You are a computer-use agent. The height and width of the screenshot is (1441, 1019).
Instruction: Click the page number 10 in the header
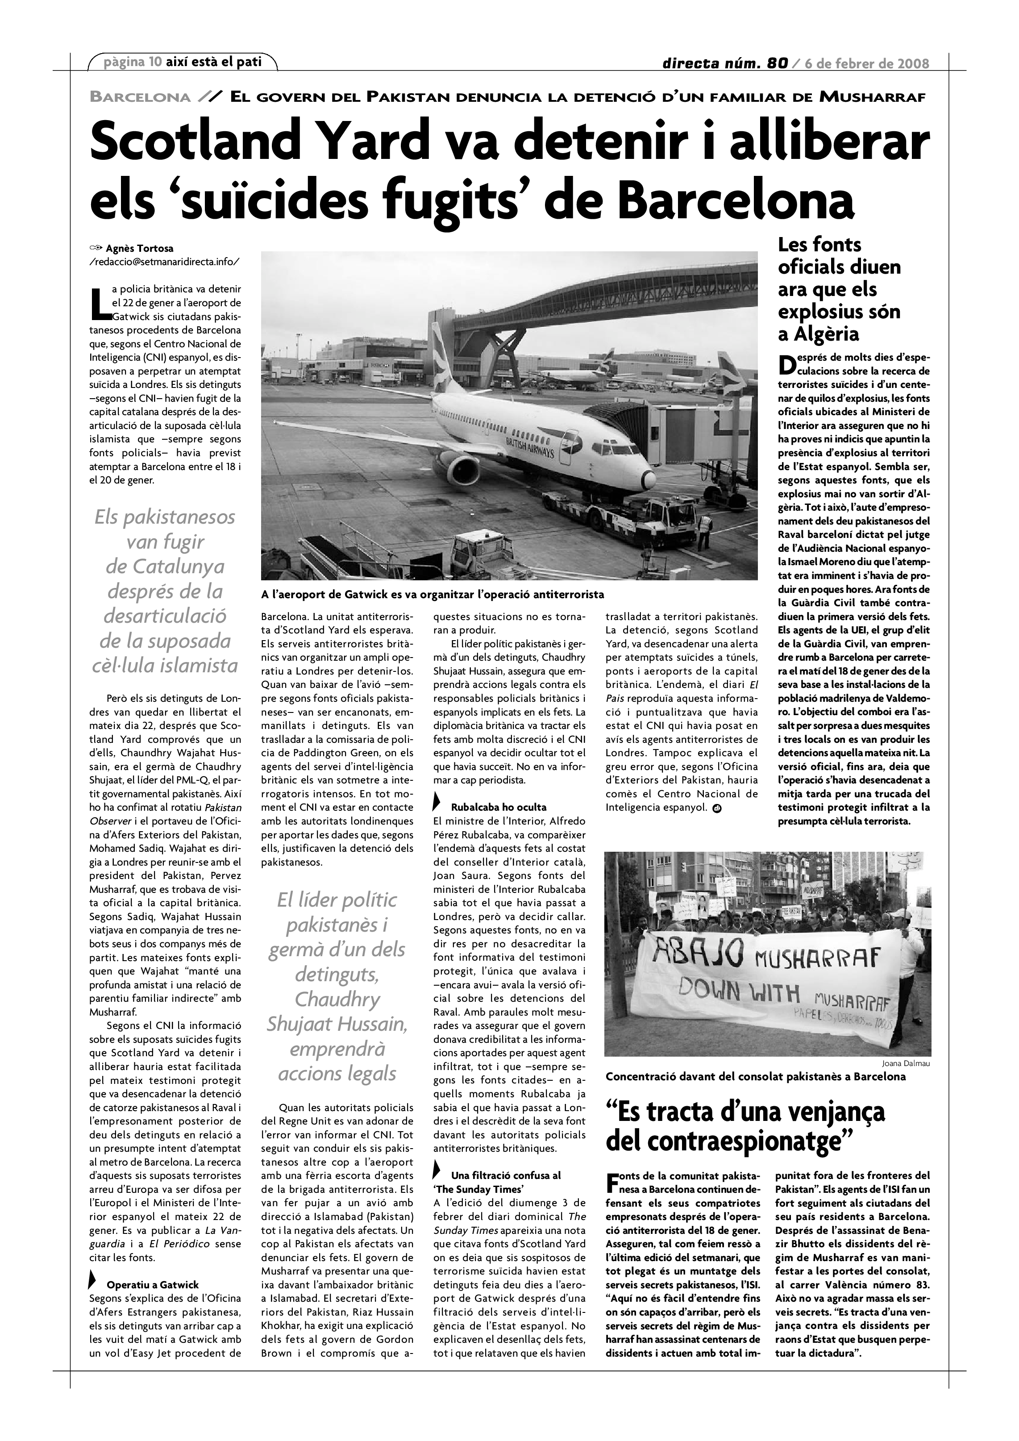155,62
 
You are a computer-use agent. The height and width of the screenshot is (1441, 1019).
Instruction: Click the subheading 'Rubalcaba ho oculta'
499,807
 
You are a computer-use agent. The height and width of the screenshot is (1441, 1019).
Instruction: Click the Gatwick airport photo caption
433,594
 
